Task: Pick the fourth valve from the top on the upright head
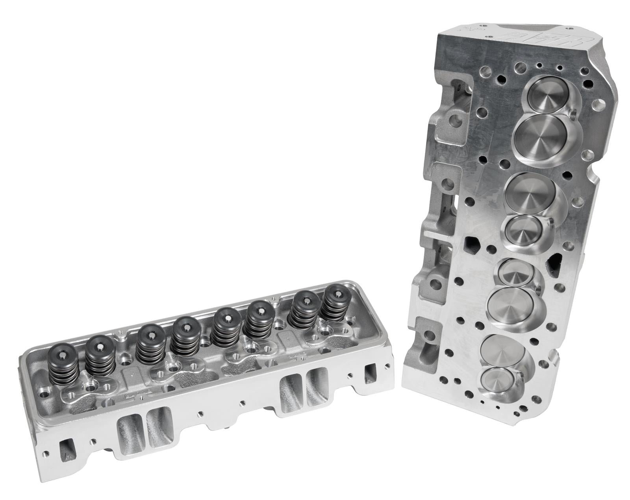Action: tap(521, 230)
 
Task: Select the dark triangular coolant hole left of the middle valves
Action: tap(472, 244)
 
